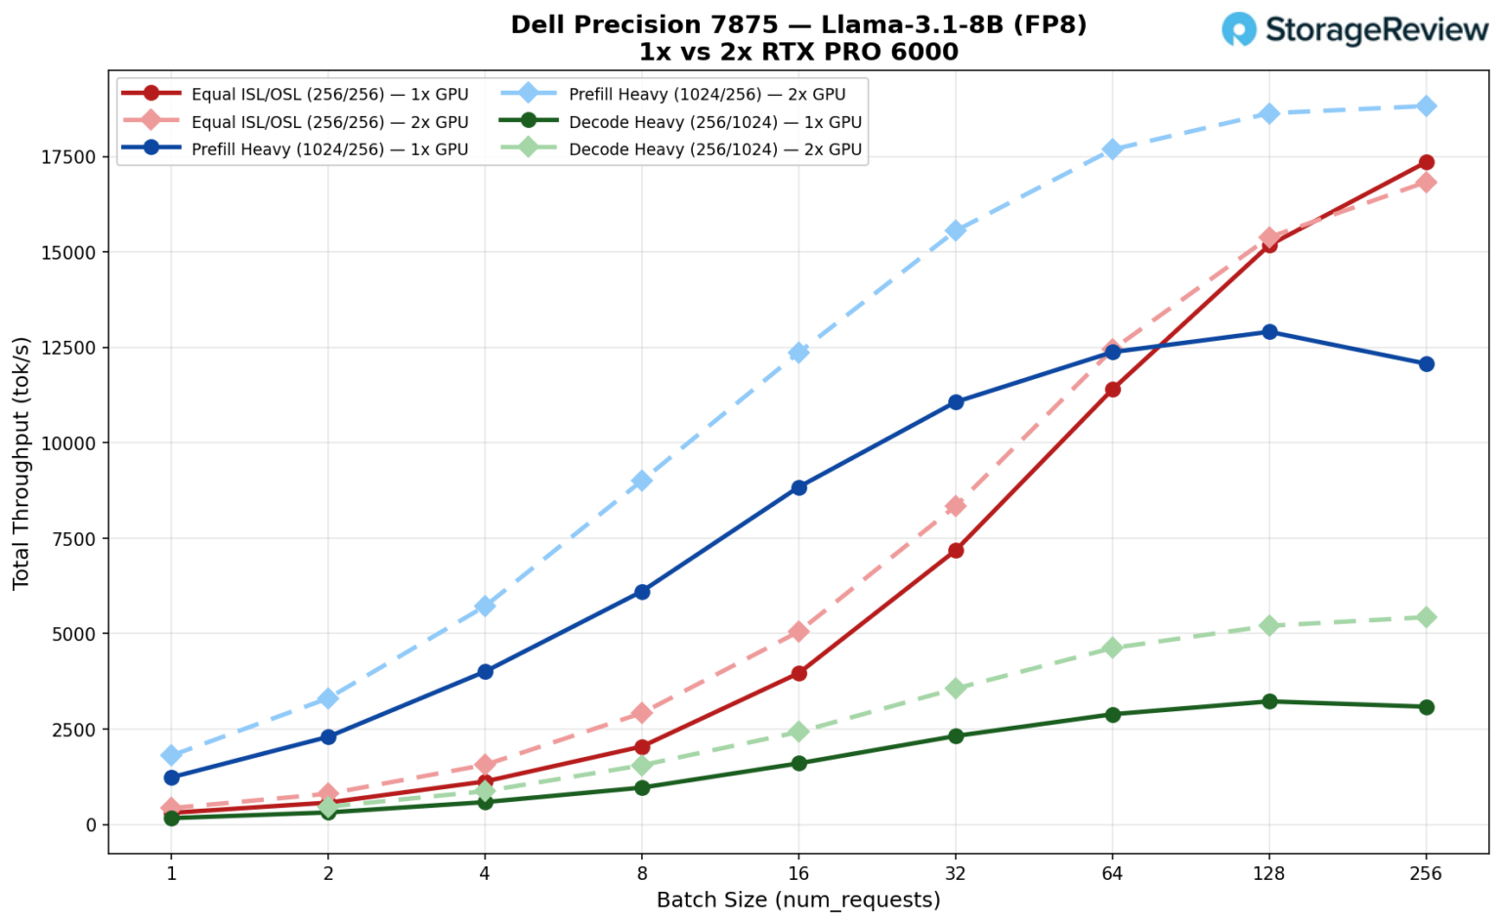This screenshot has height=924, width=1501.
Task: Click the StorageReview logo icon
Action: (1239, 29)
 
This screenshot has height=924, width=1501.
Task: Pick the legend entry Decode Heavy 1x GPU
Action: (714, 122)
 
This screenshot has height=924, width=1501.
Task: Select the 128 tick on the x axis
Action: (1268, 873)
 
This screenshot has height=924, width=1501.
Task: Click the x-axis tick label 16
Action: (798, 873)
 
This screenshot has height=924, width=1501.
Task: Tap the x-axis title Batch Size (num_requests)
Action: (798, 900)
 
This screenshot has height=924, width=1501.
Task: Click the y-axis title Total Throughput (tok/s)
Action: (21, 463)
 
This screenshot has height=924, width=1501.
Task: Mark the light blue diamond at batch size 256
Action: (1426, 105)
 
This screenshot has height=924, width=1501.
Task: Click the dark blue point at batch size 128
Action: (1269, 332)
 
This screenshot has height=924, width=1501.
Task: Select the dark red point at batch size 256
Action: (1426, 162)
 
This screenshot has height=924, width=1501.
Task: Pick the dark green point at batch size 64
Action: (1112, 714)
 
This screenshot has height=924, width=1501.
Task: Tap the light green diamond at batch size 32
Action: (956, 689)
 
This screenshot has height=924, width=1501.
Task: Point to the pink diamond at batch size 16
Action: (798, 632)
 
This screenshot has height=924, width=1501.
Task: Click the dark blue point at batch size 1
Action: (172, 777)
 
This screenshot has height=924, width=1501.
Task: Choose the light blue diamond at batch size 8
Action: (642, 481)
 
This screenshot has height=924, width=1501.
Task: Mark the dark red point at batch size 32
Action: (956, 551)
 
